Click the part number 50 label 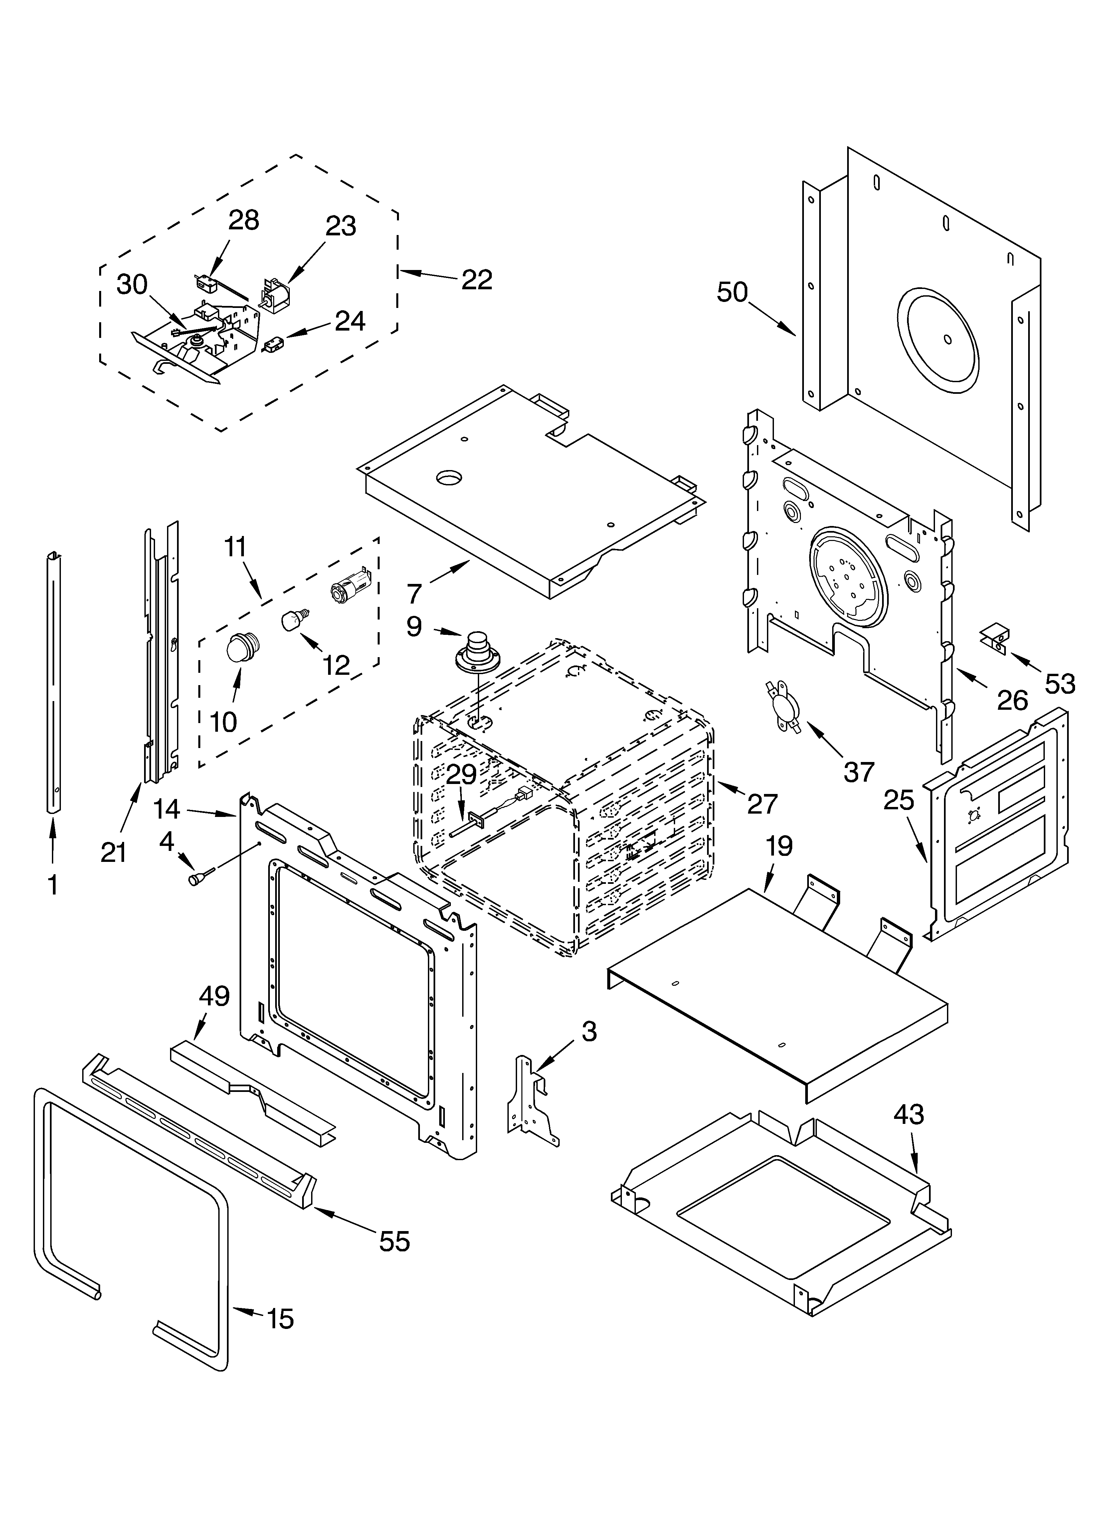point(732,293)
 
